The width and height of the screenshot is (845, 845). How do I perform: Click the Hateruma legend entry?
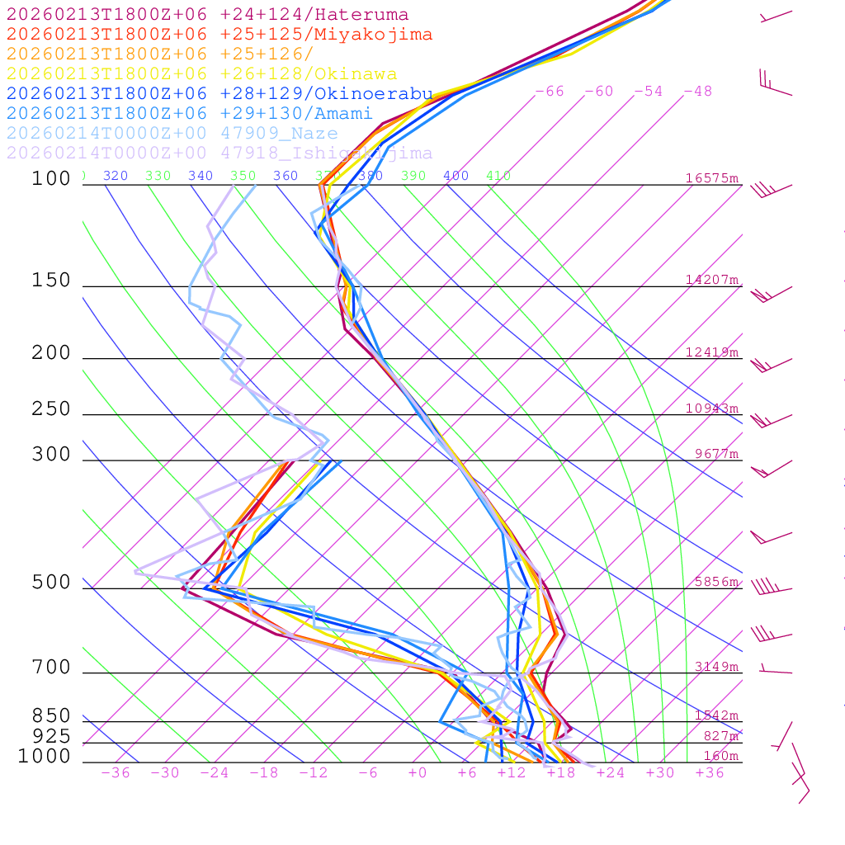click(x=207, y=15)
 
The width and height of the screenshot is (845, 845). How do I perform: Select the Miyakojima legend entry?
click(x=219, y=35)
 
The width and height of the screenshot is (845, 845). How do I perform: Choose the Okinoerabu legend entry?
click(x=219, y=94)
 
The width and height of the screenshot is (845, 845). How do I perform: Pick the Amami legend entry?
click(x=189, y=114)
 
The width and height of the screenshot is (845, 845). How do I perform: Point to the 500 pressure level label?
click(x=51, y=583)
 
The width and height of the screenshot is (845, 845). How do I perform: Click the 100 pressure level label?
click(x=51, y=179)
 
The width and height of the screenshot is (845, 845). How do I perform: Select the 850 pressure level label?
click(x=51, y=716)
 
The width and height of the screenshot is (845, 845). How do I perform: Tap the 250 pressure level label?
click(x=51, y=409)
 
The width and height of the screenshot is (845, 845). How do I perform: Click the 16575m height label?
click(x=712, y=178)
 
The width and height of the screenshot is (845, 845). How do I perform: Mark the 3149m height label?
click(x=716, y=667)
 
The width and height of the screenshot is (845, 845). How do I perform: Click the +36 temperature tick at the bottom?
click(x=710, y=773)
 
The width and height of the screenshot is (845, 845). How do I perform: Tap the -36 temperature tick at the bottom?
click(x=116, y=773)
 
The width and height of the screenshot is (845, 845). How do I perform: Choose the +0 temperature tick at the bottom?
click(x=418, y=773)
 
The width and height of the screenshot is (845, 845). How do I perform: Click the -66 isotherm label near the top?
click(x=550, y=92)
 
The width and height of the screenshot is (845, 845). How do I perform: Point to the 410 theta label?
click(x=498, y=176)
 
